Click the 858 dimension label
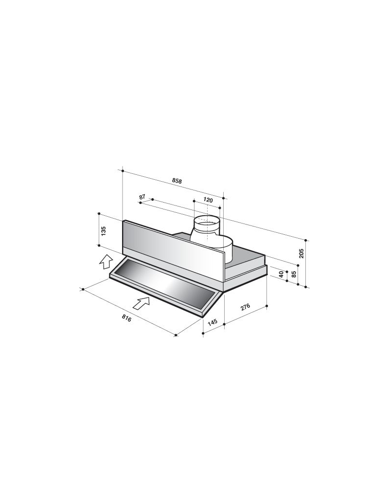point(177,181)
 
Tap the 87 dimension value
point(142,197)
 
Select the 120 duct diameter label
point(208,200)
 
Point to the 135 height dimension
point(104,231)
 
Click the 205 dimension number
point(301,253)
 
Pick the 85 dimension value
point(294,274)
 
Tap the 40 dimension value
point(282,274)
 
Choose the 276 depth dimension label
point(245,307)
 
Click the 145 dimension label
point(212,322)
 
